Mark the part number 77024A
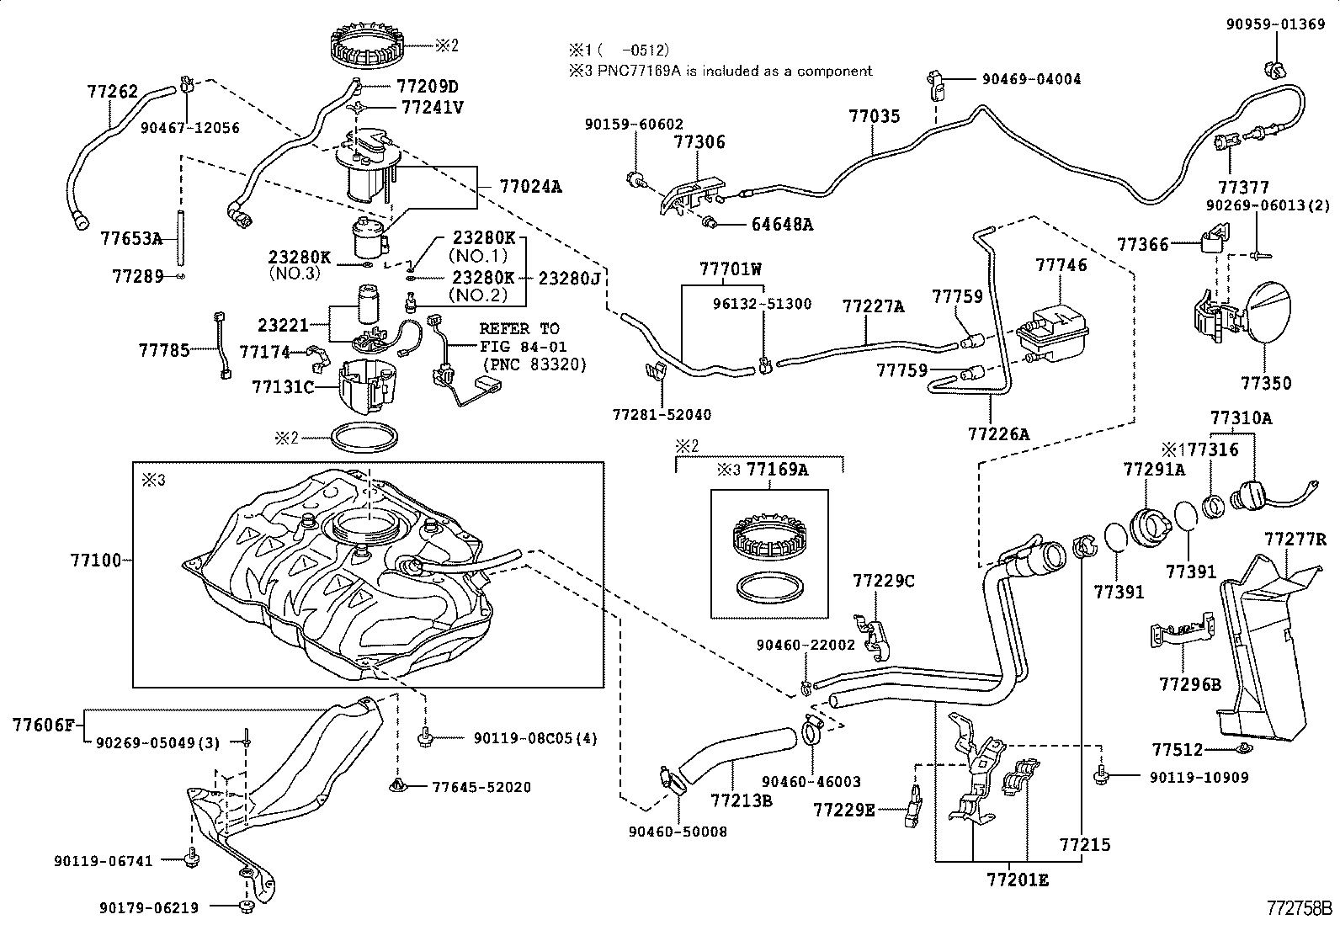tap(529, 186)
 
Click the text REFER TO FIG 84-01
tap(523, 338)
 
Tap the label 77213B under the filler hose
tap(741, 800)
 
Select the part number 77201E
tap(1018, 881)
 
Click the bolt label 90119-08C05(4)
tap(534, 738)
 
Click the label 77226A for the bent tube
tap(998, 434)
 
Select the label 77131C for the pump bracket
tap(282, 387)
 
